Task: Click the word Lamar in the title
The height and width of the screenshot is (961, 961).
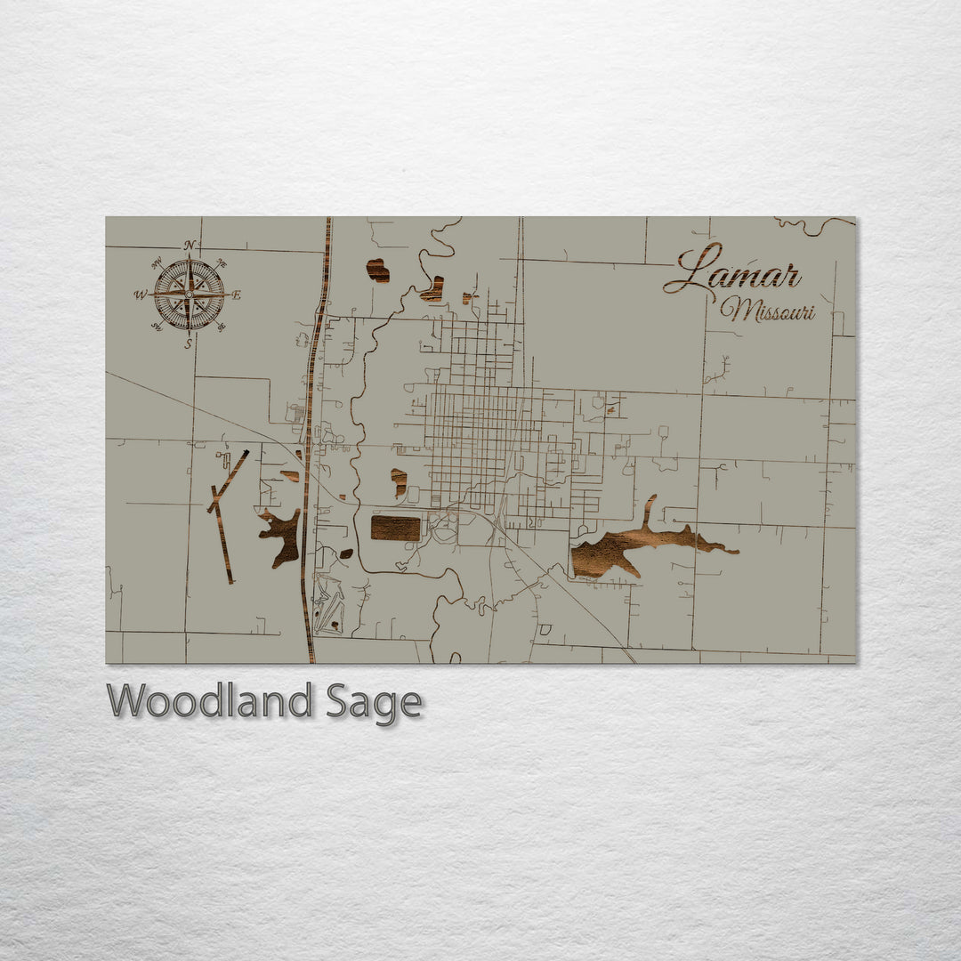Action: [732, 271]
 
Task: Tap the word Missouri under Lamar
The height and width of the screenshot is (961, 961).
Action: [767, 311]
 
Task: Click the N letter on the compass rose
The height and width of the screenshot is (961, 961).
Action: [189, 246]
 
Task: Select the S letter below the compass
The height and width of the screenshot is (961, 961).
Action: [188, 343]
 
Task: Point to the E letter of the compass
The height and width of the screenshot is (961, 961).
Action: [237, 295]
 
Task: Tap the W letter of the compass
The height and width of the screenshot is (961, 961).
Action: [140, 295]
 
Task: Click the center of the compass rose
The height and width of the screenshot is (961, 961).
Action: [189, 295]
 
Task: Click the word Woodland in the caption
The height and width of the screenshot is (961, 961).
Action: [209, 701]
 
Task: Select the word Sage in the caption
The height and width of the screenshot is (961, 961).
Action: [374, 703]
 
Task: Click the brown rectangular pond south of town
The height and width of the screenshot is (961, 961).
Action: [395, 528]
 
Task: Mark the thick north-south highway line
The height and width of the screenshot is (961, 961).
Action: [309, 445]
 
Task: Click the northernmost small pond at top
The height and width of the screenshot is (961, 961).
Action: [378, 270]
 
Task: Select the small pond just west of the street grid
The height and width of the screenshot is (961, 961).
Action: [400, 481]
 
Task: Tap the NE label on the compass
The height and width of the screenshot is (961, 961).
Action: [221, 264]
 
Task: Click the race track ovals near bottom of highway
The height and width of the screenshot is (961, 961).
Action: [329, 605]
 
